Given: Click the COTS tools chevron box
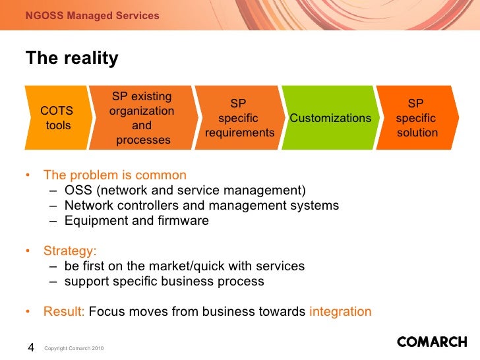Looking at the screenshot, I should coord(57,118).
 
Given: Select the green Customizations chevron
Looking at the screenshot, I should coord(330,118).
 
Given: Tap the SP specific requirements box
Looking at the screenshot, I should coord(239,118).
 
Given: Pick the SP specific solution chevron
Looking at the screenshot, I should coord(417,118).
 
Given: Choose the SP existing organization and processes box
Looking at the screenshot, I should coord(142,118).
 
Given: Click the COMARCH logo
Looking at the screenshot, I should coord(432,342).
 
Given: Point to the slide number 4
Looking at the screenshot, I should coord(30,347).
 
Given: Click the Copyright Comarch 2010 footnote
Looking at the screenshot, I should coord(73,348).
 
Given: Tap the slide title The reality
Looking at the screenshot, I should coord(72,59).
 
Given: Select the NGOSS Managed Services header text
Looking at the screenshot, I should coord(92,15).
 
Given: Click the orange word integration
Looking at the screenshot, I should coord(340,312).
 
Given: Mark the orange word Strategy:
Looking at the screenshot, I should coord(70,251).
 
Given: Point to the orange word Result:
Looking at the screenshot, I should coord(64,312).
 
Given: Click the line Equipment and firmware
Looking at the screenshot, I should coord(136,221).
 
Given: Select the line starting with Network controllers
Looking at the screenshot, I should coord(202,206).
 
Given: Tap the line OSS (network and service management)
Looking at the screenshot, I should coord(185,191).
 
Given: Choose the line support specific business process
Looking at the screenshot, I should coord(164,282).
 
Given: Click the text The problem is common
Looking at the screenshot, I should coord(115,175).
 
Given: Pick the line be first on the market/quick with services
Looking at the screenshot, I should coord(185,266).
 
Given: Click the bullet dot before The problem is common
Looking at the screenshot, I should coord(28,175).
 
